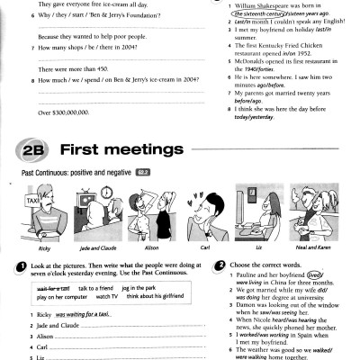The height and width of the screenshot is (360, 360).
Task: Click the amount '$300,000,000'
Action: [63, 112]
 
